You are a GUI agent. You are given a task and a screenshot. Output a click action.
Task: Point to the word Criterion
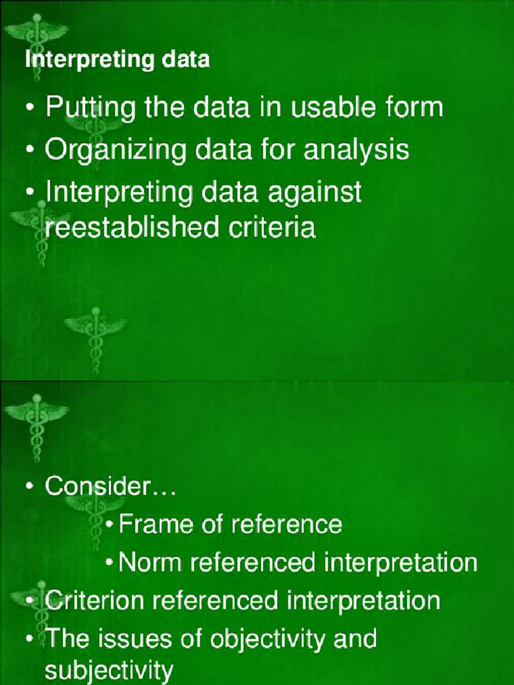pyautogui.click(x=94, y=600)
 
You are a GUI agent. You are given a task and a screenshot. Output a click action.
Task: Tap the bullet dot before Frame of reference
pyautogui.click(x=110, y=524)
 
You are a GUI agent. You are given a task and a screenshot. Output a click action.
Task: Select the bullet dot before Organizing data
pyautogui.click(x=30, y=150)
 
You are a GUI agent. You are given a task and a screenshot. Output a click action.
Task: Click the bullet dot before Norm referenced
pyautogui.click(x=110, y=562)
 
